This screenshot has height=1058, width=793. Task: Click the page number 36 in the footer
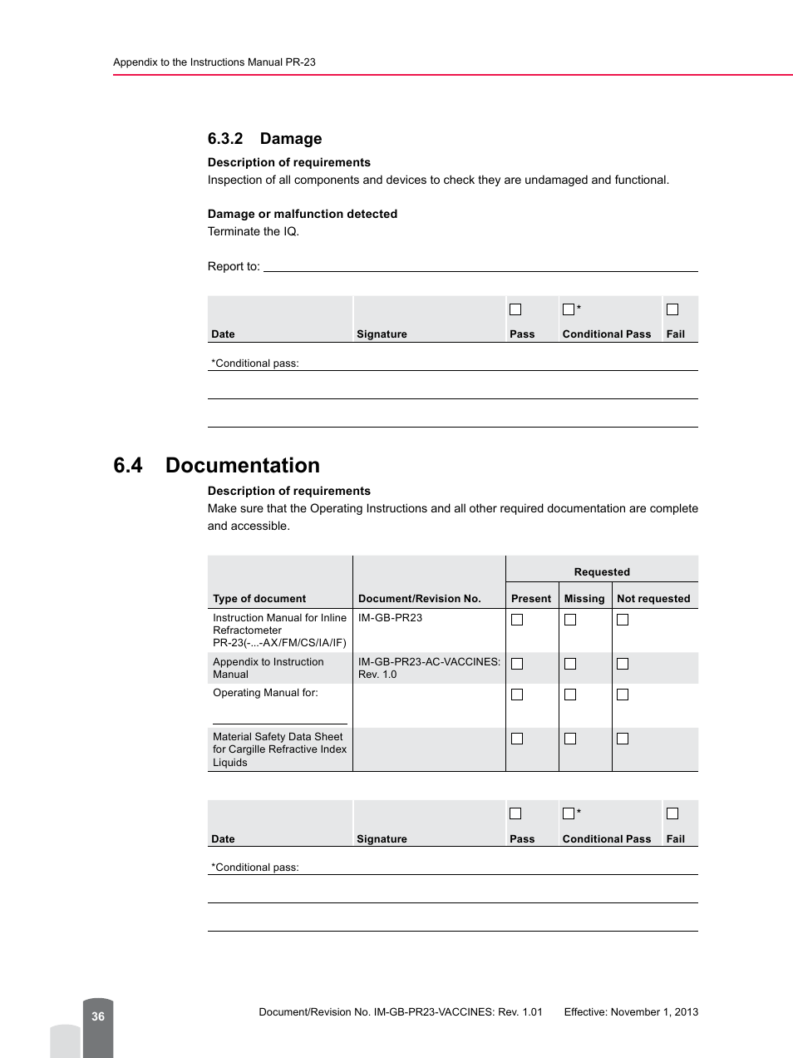[x=98, y=1016]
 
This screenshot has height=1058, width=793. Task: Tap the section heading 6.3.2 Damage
[x=264, y=139]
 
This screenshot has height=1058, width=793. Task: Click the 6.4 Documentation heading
[x=216, y=466]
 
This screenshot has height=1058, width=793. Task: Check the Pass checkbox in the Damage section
[x=515, y=309]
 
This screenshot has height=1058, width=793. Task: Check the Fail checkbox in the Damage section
[x=672, y=309]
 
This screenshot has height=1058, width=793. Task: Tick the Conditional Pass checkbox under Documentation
[x=569, y=813]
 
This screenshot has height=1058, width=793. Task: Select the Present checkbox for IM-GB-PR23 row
[x=517, y=620]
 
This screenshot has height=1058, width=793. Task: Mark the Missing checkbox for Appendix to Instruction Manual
[x=570, y=664]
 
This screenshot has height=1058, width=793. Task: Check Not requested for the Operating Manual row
[x=623, y=695]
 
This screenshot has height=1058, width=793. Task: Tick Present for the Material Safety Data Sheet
[x=517, y=739]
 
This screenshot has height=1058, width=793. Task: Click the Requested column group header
[x=602, y=572]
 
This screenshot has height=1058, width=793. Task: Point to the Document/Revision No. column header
[x=419, y=599]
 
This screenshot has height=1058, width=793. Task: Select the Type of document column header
[x=259, y=599]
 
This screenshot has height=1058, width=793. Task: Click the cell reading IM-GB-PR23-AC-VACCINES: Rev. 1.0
[x=429, y=668]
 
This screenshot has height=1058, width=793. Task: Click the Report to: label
[x=234, y=267]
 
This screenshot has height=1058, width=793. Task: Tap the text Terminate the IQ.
[x=253, y=232]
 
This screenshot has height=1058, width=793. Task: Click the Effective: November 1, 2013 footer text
[x=631, y=1012]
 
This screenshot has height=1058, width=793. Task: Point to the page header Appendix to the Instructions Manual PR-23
[x=214, y=62]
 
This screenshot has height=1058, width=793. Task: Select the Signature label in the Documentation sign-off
[x=382, y=839]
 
